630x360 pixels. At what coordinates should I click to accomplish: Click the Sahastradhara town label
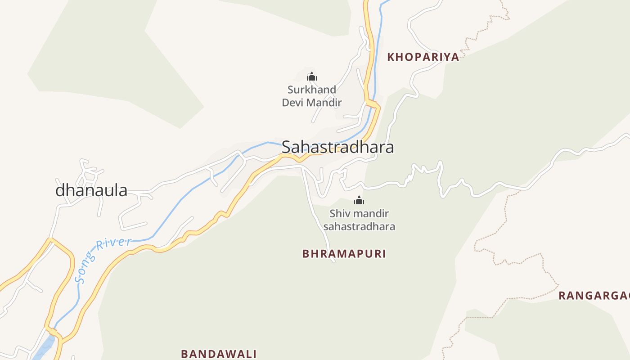(337, 147)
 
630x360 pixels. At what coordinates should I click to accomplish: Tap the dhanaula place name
(91, 190)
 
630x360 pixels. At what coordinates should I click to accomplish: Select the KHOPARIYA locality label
(423, 57)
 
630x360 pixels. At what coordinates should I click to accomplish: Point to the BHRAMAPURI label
(344, 254)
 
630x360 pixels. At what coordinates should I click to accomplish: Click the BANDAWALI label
(219, 354)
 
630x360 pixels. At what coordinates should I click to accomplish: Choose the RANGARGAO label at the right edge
(594, 296)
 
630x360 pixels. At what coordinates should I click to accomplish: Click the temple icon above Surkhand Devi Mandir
(312, 76)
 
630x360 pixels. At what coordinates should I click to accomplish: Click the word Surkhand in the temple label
(311, 90)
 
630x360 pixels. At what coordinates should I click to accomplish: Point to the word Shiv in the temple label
(338, 213)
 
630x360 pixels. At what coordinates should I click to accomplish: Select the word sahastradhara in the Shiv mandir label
(359, 226)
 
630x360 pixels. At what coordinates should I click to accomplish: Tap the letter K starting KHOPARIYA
(391, 57)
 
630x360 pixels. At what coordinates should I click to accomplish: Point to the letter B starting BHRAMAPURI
(306, 254)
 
